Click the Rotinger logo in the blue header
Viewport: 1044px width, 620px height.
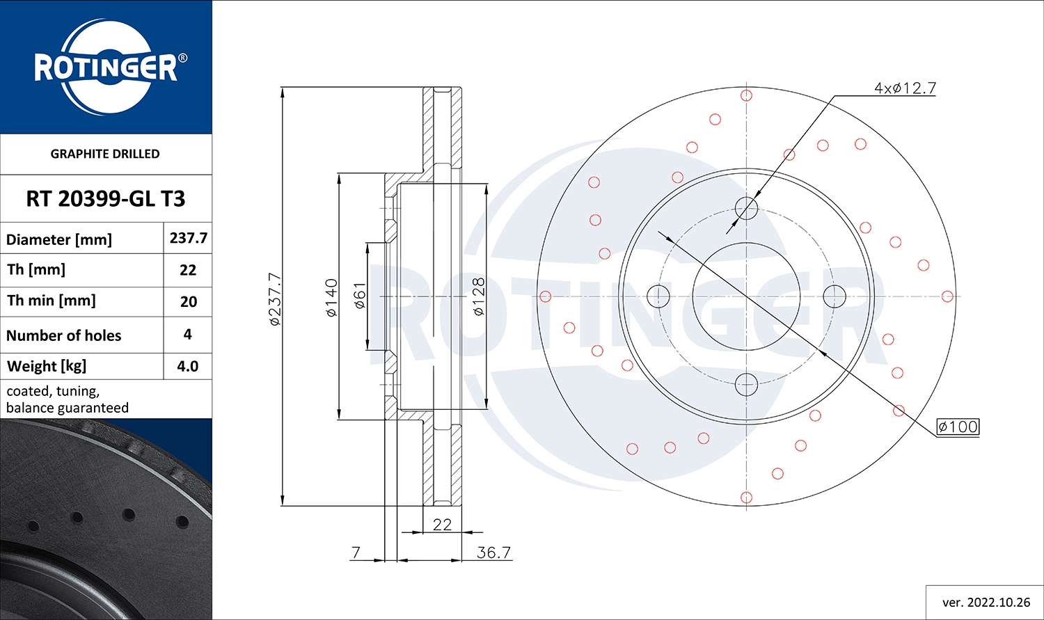coord(106,67)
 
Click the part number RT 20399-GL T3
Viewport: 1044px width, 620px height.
coord(106,199)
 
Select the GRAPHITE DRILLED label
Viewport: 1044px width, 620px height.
coord(105,154)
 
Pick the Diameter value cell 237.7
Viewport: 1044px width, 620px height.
coord(188,238)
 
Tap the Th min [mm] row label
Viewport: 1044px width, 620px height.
coord(52,301)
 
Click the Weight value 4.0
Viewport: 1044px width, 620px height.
coord(188,366)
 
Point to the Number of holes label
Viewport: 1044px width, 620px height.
coord(64,335)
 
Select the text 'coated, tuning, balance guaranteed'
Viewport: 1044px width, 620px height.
coord(68,399)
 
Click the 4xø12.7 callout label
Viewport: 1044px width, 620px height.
coord(905,88)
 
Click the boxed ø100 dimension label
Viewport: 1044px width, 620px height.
coord(958,427)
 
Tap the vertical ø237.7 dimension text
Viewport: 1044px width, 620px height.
coord(275,299)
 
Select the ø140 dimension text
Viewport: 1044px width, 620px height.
coord(332,298)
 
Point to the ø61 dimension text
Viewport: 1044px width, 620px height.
coord(360,296)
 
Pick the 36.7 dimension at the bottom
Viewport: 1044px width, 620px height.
coord(494,553)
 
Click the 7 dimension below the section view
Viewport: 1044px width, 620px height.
coord(356,553)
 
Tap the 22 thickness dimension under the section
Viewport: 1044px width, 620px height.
coord(442,525)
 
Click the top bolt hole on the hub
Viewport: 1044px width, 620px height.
coord(746,207)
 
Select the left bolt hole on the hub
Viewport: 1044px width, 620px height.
coord(658,296)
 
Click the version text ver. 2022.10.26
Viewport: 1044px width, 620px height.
coord(986,602)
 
